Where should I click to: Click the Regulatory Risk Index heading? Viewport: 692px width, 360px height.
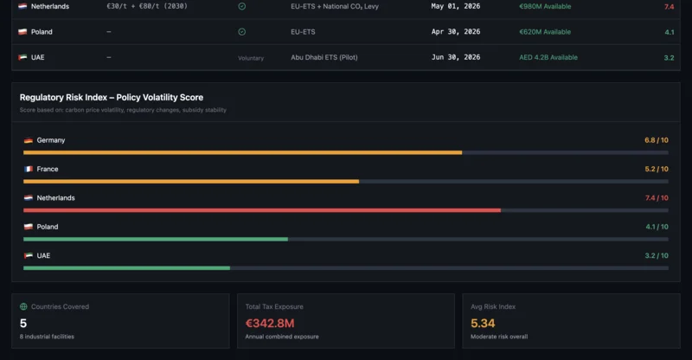coord(112,98)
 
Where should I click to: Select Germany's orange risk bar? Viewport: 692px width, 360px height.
coord(242,152)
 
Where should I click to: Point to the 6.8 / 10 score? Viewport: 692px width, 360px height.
coord(656,140)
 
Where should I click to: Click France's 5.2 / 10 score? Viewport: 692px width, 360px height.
coord(656,169)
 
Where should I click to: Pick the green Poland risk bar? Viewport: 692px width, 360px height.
coord(156,239)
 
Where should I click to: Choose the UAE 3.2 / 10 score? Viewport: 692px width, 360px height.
coord(656,255)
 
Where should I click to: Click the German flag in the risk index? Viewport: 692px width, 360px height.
coord(29,140)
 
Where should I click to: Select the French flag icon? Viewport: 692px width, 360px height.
coord(29,169)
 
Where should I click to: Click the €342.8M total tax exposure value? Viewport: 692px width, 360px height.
coord(270,324)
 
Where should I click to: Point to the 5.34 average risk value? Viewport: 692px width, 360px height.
coord(483,324)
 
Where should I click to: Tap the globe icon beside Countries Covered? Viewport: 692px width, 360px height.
coord(23,306)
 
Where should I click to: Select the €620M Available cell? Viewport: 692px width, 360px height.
coord(544,32)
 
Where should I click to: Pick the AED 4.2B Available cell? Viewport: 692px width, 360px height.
coord(548,58)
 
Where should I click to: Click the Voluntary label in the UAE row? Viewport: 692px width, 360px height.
coord(250,58)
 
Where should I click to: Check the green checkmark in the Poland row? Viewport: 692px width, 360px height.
coord(241,32)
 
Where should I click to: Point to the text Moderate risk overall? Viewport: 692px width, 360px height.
coord(499,337)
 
